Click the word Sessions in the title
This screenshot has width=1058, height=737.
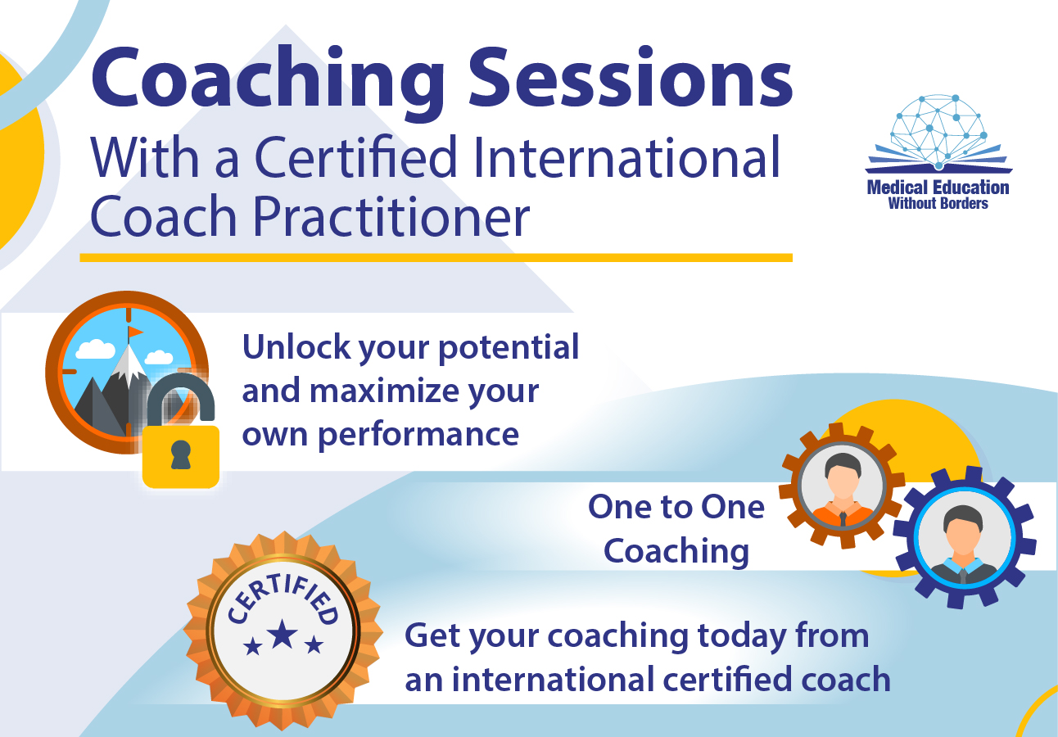[631, 78]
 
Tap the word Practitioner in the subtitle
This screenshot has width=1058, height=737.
[391, 215]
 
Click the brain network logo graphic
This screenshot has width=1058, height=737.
[938, 133]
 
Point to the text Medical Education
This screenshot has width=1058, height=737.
[938, 188]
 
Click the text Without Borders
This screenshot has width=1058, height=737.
[938, 204]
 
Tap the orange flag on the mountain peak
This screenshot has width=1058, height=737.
[135, 332]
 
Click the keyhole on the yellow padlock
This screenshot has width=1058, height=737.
[180, 455]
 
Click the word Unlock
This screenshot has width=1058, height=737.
[296, 346]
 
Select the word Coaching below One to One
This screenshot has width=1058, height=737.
[676, 552]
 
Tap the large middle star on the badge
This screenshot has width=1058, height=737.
[283, 634]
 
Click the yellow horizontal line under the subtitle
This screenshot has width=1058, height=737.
[436, 257]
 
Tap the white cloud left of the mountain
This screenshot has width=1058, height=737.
[96, 349]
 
